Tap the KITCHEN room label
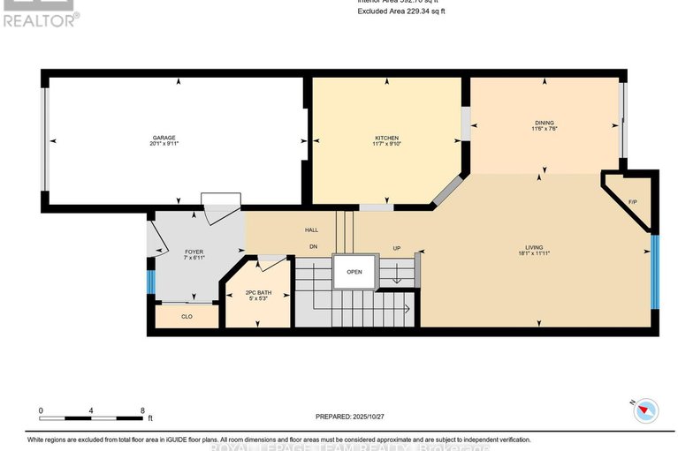(387, 138)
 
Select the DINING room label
(544, 123)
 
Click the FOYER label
(194, 252)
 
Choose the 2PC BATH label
(258, 292)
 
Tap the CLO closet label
(187, 316)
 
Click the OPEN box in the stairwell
(354, 272)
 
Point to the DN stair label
(312, 246)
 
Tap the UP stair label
(397, 248)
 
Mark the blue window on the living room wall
(655, 272)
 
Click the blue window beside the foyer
(150, 282)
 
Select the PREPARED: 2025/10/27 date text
(352, 417)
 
